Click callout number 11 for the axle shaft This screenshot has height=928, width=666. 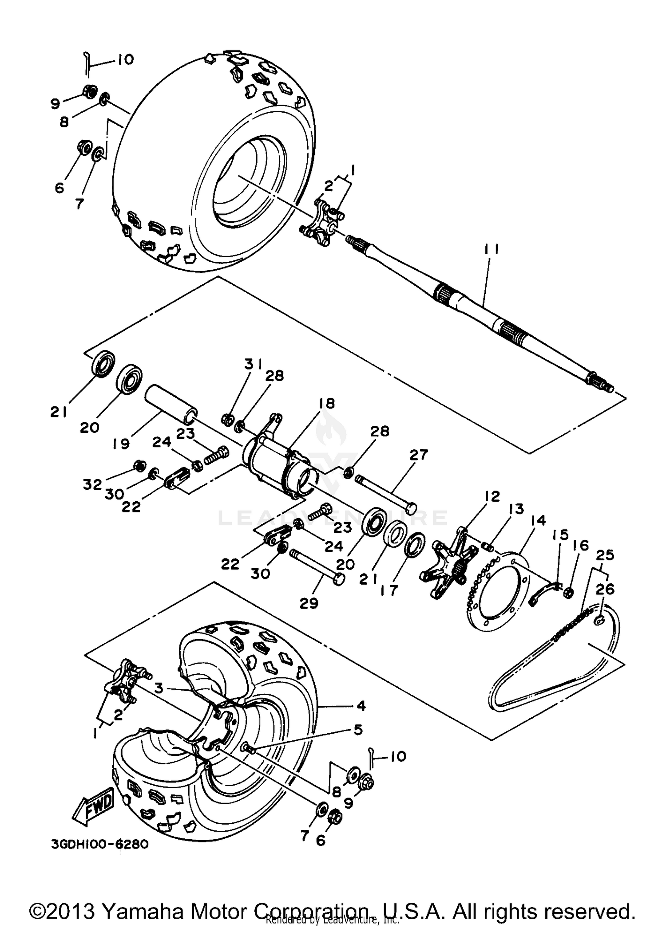click(x=489, y=250)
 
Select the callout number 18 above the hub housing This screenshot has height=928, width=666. click(x=326, y=404)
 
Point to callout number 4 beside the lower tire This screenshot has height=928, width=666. click(x=361, y=705)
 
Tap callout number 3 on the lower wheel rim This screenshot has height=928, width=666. click(x=159, y=688)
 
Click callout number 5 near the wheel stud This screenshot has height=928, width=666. click(x=357, y=729)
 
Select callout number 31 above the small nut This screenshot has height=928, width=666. click(x=253, y=365)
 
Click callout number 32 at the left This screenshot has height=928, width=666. click(x=92, y=484)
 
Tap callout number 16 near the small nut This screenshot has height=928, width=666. click(x=583, y=546)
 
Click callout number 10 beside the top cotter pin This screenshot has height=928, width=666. click(x=125, y=59)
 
